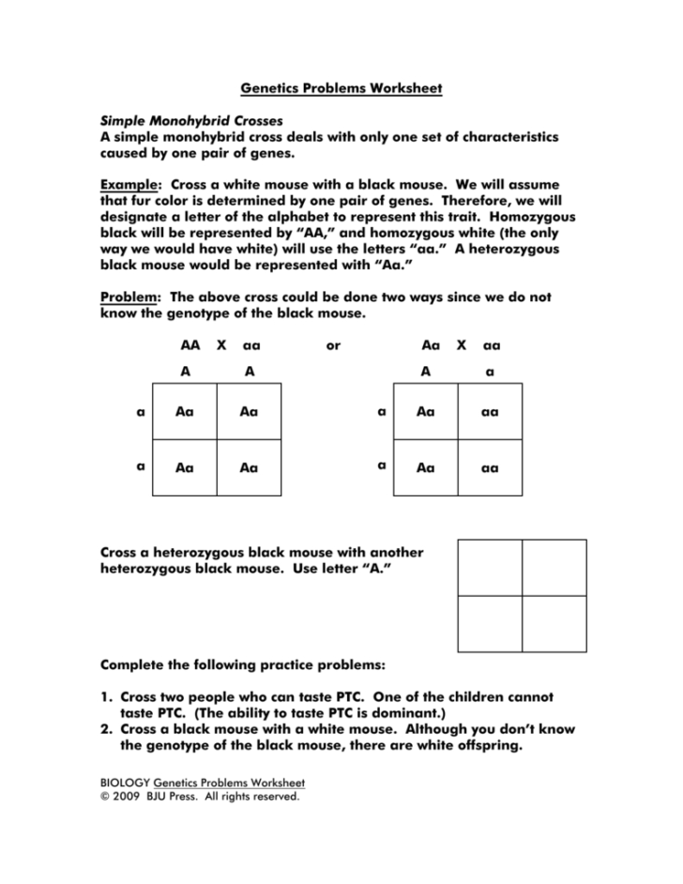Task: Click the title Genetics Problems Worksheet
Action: (341, 88)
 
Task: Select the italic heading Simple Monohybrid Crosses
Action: (191, 121)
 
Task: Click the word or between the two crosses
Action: (333, 346)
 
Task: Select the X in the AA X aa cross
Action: (221, 345)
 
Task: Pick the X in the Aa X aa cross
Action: (462, 345)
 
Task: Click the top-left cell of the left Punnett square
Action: (185, 411)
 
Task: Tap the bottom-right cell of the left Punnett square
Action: (249, 467)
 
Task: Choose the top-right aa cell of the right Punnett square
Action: (490, 411)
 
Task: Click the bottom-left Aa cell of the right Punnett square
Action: (426, 467)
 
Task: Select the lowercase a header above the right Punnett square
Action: (490, 372)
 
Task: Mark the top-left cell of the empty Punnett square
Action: (490, 567)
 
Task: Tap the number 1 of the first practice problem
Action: (105, 697)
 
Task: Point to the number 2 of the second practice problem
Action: (105, 729)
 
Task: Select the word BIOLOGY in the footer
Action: (125, 782)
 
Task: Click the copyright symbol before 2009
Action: (105, 797)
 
